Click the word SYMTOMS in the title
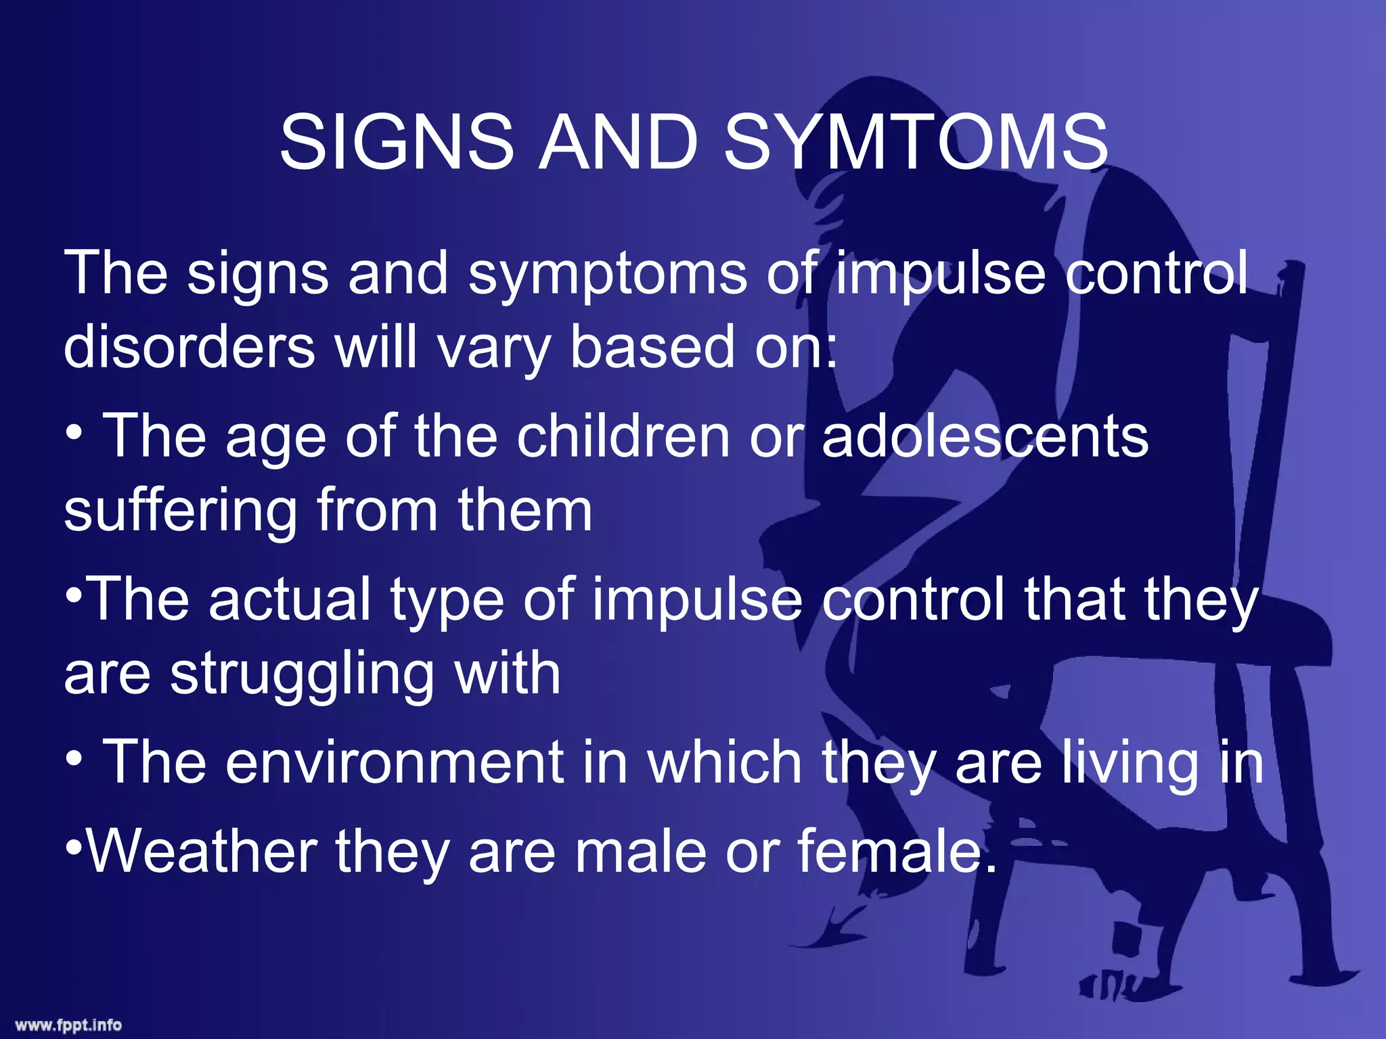tap(916, 142)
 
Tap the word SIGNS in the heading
tap(397, 142)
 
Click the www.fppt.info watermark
tap(68, 1025)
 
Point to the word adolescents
tap(985, 436)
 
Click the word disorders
tap(189, 346)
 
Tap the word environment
tap(395, 762)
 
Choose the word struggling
tap(302, 675)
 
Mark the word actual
tap(290, 599)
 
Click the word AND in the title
tap(618, 142)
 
